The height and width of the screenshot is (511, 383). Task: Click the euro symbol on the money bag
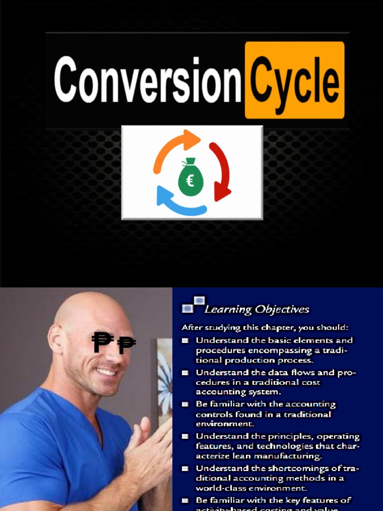point(190,181)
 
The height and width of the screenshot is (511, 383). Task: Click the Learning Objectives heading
point(257,309)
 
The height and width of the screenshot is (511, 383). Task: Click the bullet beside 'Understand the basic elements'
point(185,340)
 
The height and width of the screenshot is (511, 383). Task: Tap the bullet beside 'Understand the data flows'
point(185,373)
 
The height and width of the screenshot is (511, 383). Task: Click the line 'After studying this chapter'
point(265,328)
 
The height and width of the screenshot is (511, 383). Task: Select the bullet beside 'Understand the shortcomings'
point(185,469)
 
